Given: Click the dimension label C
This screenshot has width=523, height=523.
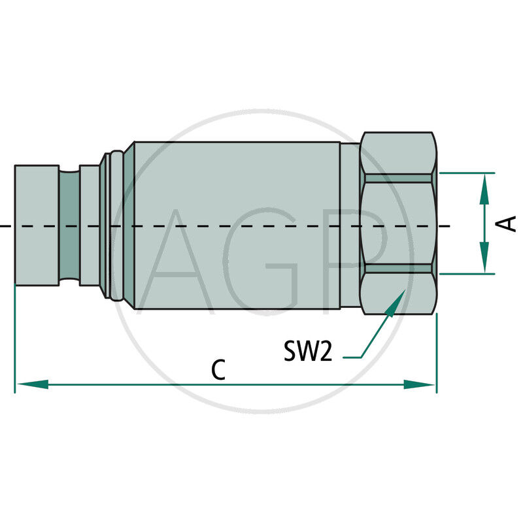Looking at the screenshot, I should point(218,370).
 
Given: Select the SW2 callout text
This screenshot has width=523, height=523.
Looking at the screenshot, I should point(309,351).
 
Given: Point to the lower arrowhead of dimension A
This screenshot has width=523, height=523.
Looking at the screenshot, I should point(484,260).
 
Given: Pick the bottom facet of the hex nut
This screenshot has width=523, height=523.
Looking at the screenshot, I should point(399,290).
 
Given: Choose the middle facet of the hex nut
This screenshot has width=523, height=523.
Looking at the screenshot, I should point(399,223).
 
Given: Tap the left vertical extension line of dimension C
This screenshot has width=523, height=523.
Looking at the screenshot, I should point(14,340).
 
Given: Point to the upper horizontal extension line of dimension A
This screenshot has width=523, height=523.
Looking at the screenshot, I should point(467,173).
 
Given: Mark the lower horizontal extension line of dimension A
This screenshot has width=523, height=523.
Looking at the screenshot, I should point(467,274).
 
